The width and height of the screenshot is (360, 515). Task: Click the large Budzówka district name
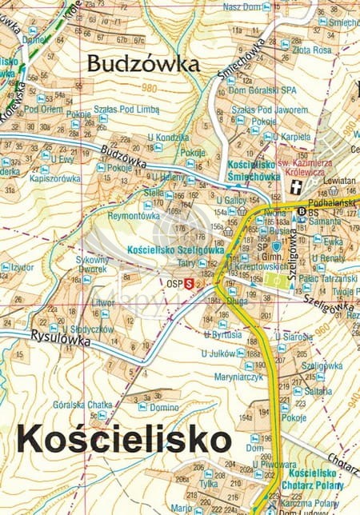(142, 64)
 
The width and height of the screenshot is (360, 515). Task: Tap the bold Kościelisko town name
(124, 439)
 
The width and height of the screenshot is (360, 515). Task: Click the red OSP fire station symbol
(190, 282)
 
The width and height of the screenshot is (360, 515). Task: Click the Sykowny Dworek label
(91, 265)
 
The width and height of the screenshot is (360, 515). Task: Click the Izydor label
(22, 266)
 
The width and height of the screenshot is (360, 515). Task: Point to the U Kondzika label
(167, 137)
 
